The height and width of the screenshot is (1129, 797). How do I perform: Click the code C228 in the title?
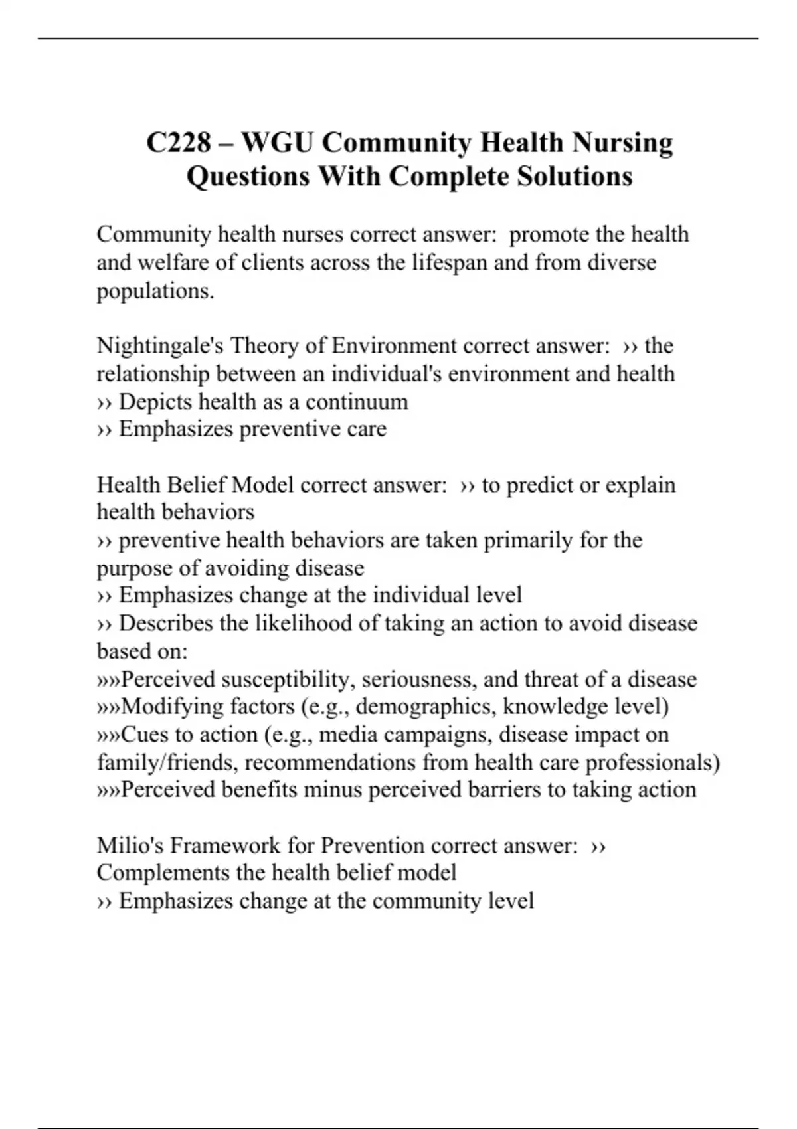(x=179, y=143)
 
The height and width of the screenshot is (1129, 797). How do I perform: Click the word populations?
(x=155, y=291)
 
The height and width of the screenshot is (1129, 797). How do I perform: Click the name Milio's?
(x=130, y=845)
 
